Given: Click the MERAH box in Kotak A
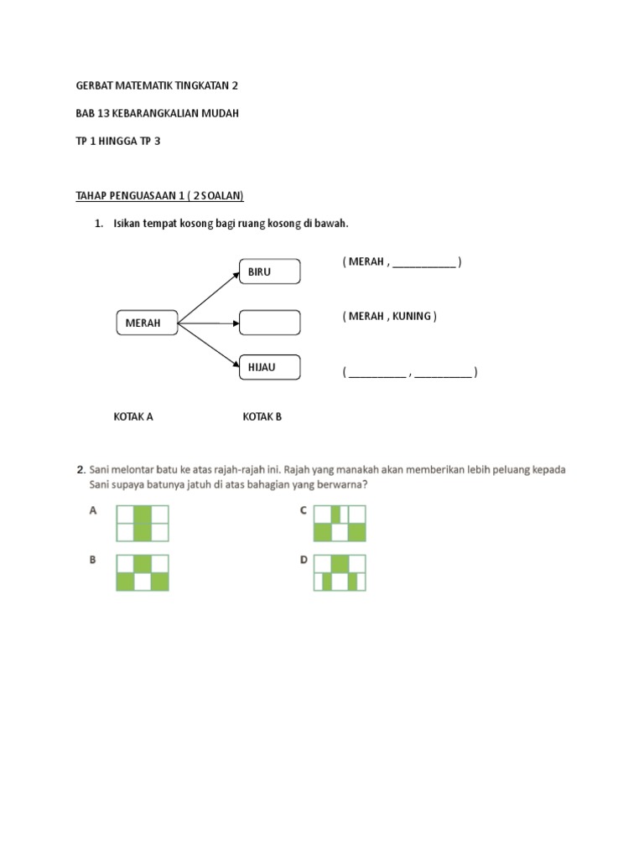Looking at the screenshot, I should point(146,323).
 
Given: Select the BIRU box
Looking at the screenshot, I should point(269,271).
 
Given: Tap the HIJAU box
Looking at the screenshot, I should point(269,367).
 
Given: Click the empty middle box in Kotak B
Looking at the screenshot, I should point(269,323).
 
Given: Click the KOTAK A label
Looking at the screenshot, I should point(133,416).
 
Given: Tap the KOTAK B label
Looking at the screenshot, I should point(262,416).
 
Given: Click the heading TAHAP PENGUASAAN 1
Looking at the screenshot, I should point(159,195).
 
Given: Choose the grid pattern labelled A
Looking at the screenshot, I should point(143,524).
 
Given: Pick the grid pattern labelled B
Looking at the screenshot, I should point(143,573).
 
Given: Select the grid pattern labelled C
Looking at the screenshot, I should point(340,524).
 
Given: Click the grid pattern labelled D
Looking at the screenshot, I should point(340,573).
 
